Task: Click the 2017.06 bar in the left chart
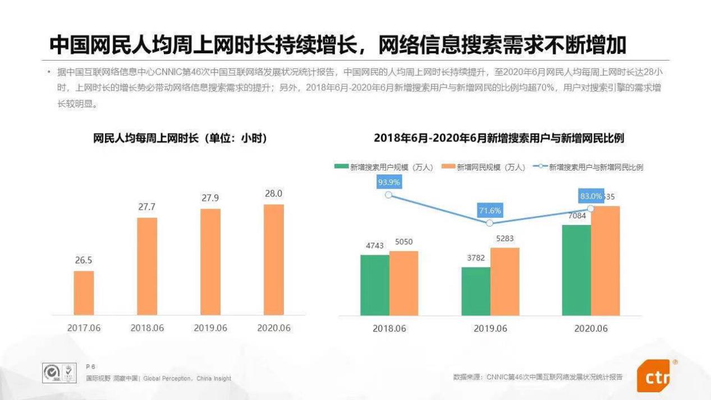[x=84, y=292]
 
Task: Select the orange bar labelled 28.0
[x=273, y=259]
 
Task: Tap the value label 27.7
[x=147, y=207]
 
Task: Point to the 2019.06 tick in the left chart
[x=210, y=328]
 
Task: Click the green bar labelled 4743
[x=374, y=285]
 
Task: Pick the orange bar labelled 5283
[x=504, y=281]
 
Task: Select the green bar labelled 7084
[x=576, y=270]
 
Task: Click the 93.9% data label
[x=389, y=182]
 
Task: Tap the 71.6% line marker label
[x=490, y=211]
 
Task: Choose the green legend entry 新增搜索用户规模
[x=384, y=167]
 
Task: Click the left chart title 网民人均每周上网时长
[x=180, y=139]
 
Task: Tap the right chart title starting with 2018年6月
[x=499, y=139]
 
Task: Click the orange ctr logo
[x=654, y=376]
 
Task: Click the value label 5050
[x=404, y=242]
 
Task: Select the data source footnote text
[x=538, y=377]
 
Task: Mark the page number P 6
[x=90, y=366]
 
